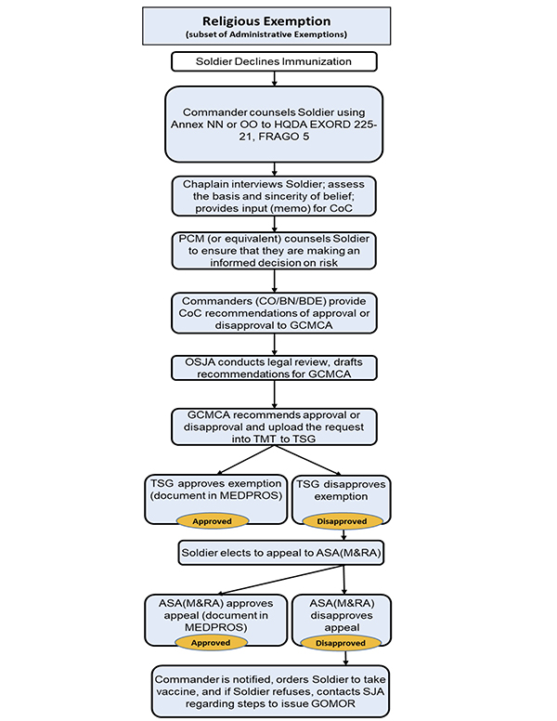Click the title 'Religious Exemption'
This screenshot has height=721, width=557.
point(266,21)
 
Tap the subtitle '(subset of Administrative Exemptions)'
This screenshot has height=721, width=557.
point(266,34)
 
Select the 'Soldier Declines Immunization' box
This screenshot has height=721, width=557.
point(274,61)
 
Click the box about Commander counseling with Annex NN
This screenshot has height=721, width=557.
point(274,125)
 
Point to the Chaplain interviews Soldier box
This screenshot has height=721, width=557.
point(274,196)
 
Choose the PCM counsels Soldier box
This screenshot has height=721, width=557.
point(274,251)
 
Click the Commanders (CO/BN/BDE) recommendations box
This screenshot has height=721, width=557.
point(274,313)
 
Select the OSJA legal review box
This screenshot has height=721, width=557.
point(274,368)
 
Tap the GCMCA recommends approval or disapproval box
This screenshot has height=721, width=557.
point(274,426)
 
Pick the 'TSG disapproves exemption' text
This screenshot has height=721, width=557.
point(341,491)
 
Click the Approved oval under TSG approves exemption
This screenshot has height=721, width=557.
point(213,521)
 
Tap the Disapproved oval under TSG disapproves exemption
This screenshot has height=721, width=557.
point(343,521)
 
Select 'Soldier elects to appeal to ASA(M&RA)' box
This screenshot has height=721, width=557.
point(280,553)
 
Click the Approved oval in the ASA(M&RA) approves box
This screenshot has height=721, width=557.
point(211,642)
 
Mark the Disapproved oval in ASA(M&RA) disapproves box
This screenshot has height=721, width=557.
point(341,643)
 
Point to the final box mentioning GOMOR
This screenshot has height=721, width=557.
point(270,691)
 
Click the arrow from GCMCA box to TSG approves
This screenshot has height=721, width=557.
point(245,460)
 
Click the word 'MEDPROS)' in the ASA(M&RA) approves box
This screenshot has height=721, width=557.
point(216,627)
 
